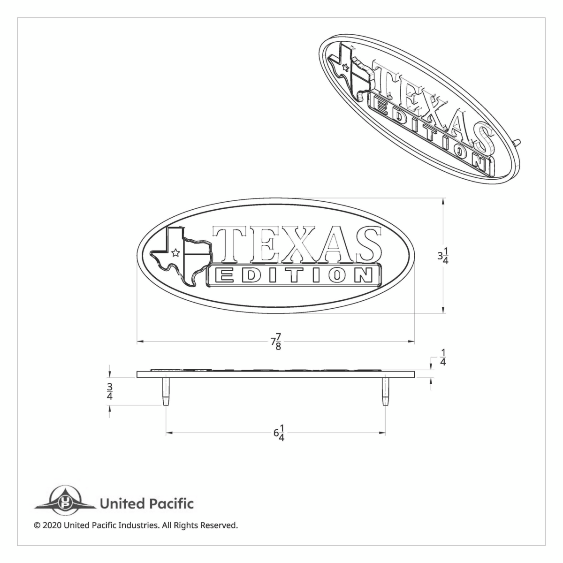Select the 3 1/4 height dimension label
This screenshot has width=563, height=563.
coord(443,258)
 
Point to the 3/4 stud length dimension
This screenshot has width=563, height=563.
coord(110,391)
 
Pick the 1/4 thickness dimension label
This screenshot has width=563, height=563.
coord(443,357)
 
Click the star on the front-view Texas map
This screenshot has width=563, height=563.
coord(175,253)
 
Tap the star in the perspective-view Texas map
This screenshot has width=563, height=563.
coord(346,67)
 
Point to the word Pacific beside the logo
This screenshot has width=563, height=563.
coord(171,504)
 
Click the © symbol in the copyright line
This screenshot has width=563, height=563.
coord(37,525)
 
